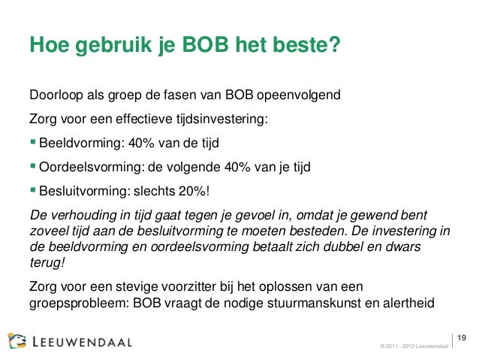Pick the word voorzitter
pyautogui.click(x=191, y=288)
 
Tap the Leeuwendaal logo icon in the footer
pyautogui.click(x=17, y=340)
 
